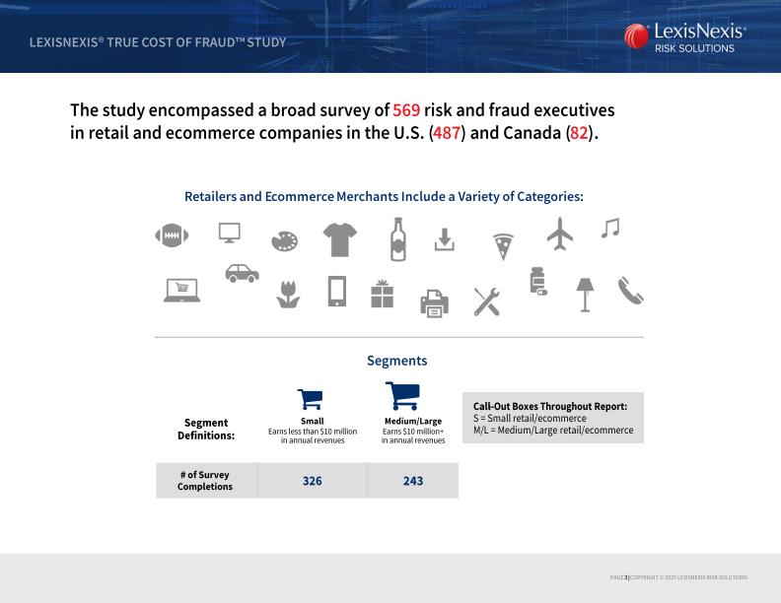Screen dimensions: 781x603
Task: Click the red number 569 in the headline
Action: [x=406, y=110]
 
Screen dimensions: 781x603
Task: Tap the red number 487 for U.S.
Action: [x=447, y=133]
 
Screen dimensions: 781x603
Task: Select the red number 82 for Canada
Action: [x=579, y=133]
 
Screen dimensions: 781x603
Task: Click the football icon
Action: [x=172, y=235]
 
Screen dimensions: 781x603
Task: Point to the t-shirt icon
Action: [x=339, y=239]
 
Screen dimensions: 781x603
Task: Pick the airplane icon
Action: [x=560, y=234]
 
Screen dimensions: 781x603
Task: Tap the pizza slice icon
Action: [x=503, y=246]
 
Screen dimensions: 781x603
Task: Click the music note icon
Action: [x=610, y=228]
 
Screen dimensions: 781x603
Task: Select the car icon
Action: [x=242, y=273]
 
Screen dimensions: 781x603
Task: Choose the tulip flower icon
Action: [x=288, y=294]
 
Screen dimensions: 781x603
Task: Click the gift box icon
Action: [x=382, y=294]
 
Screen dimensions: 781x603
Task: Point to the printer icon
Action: [x=434, y=303]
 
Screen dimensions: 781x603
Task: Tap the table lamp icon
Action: [x=585, y=295]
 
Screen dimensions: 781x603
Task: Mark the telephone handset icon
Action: [x=630, y=290]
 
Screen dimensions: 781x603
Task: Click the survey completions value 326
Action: [x=313, y=481]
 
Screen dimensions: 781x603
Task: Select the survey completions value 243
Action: [x=413, y=481]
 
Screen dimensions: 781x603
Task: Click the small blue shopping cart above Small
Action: [x=310, y=399]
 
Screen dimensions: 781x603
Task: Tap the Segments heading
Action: [x=397, y=361]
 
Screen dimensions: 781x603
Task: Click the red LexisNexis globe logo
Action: [x=637, y=35]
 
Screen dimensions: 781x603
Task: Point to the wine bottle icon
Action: [x=398, y=239]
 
